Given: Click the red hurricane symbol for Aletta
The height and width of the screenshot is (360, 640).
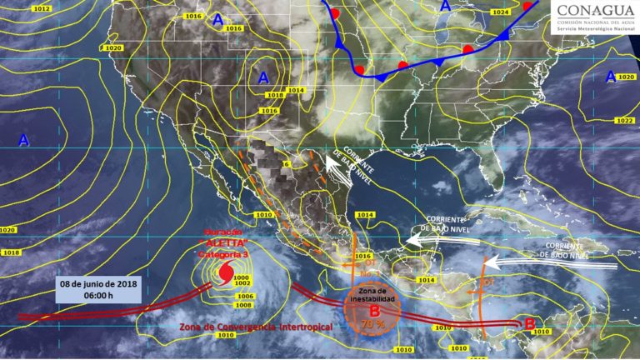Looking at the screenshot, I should click(x=225, y=272).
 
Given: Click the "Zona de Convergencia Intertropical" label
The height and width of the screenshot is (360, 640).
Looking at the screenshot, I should click(x=255, y=327).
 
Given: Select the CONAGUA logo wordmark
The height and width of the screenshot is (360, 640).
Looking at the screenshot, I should click(x=593, y=11).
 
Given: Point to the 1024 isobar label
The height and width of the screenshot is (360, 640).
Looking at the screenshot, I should click(x=500, y=12).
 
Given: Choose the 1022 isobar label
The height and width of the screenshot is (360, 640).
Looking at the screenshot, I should click(x=623, y=121).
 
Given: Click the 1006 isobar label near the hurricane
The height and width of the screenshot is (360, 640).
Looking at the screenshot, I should click(x=244, y=296).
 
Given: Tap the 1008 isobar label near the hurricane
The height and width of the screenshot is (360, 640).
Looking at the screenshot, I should click(x=245, y=305).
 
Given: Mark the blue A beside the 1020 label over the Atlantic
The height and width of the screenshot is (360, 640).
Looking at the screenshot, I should click(x=611, y=77).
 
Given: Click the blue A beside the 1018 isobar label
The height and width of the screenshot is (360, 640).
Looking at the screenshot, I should click(x=263, y=77).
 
